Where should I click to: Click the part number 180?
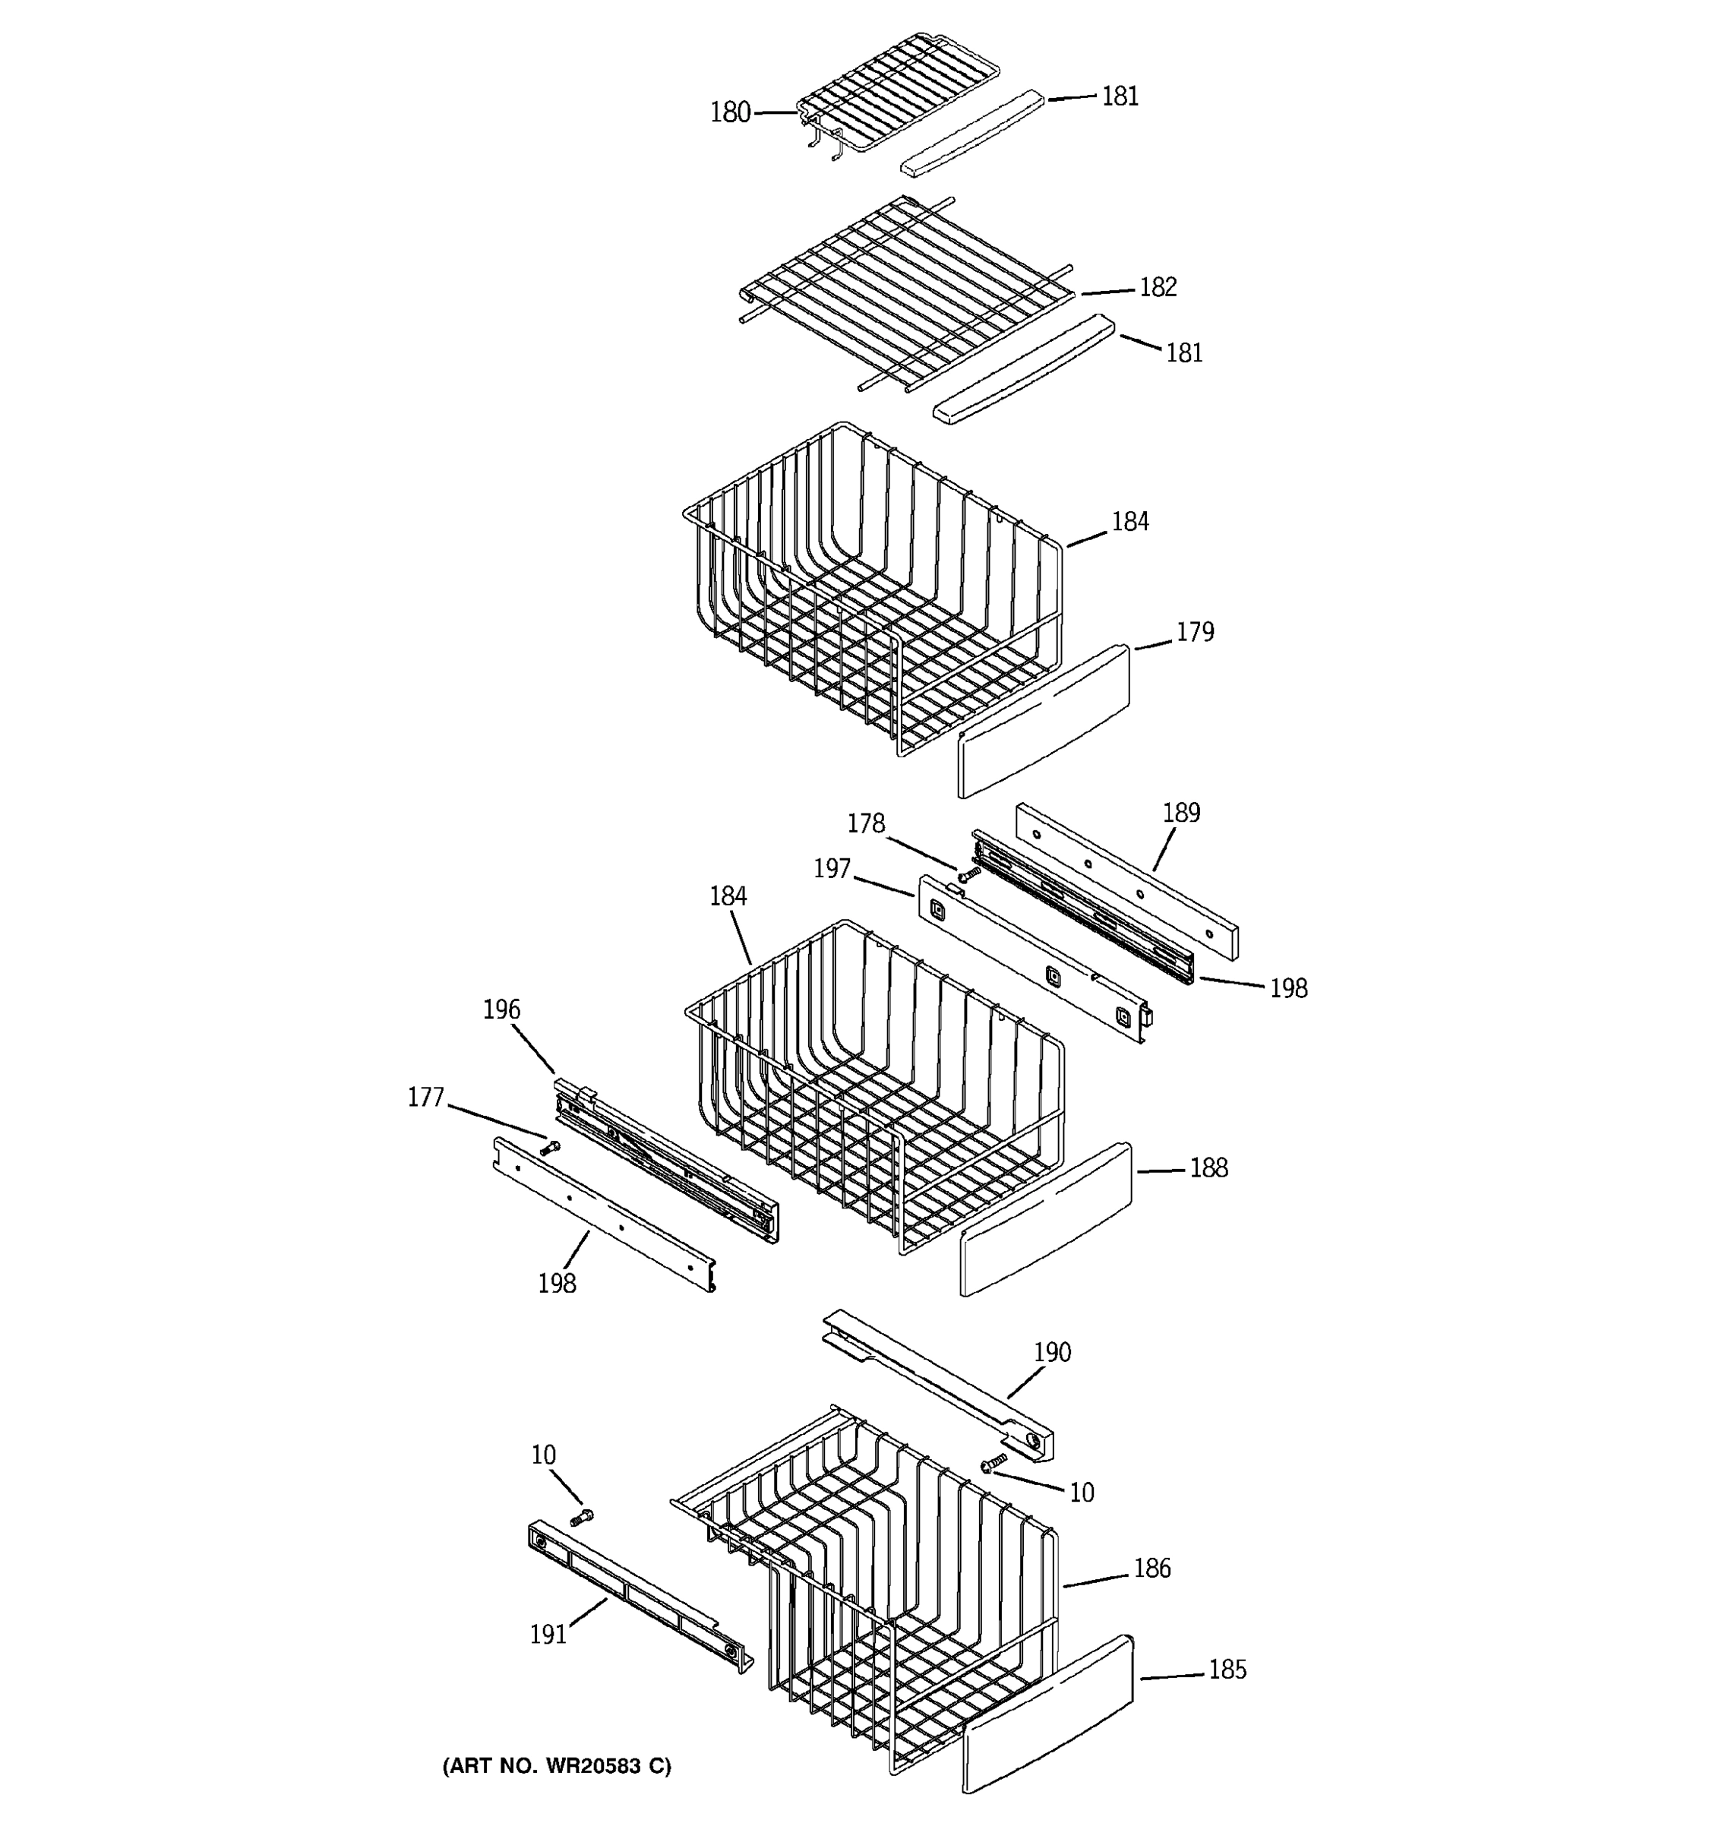[730, 112]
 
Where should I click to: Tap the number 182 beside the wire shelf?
[1157, 287]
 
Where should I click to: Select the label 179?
[1195, 632]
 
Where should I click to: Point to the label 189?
[1181, 813]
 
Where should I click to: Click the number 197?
[832, 868]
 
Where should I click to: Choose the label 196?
[501, 1009]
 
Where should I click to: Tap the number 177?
[425, 1097]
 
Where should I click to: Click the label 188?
[1208, 1167]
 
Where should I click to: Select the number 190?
[1052, 1351]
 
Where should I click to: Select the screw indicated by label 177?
[550, 1146]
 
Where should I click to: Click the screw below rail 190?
[993, 1463]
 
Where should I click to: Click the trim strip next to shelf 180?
[972, 133]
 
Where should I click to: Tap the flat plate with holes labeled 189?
[1126, 881]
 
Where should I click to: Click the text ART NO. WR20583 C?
[557, 1765]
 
